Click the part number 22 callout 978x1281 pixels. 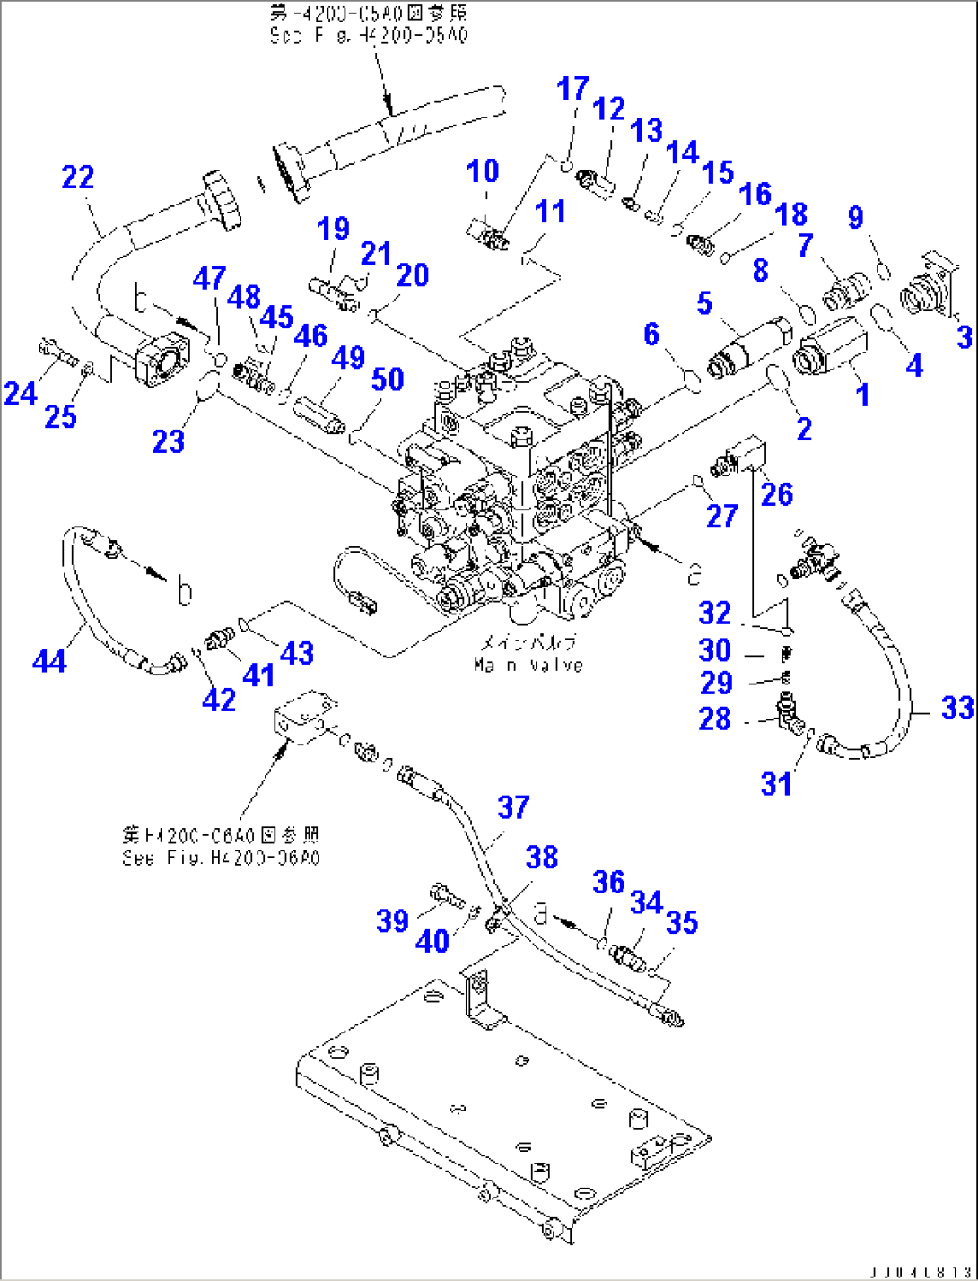[x=78, y=177]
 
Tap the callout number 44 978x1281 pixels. [x=49, y=661]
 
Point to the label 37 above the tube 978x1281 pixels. [x=514, y=806]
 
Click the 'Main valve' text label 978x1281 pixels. [x=528, y=665]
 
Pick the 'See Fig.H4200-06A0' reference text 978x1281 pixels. [x=221, y=858]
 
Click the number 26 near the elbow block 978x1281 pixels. [x=777, y=493]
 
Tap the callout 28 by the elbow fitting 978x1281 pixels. [x=715, y=719]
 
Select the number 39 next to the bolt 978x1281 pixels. [x=392, y=920]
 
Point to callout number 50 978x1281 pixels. [x=388, y=379]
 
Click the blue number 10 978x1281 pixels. [x=484, y=170]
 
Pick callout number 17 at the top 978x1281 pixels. [x=572, y=89]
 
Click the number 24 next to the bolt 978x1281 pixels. [x=20, y=392]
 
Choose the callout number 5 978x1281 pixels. [x=704, y=303]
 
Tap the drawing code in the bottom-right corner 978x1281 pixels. [x=919, y=1270]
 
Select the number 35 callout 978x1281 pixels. [x=682, y=922]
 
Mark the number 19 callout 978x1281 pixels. [x=333, y=229]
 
